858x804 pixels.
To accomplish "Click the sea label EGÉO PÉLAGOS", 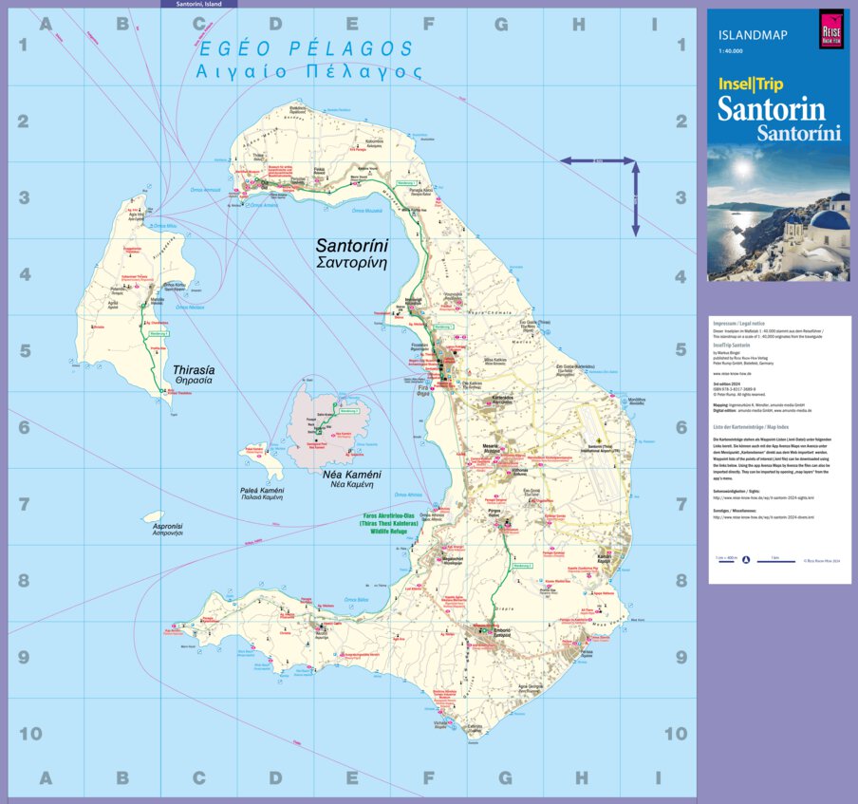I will [x=304, y=49].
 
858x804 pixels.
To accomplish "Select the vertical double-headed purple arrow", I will [x=635, y=199].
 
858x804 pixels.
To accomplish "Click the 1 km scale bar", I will [x=778, y=560].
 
